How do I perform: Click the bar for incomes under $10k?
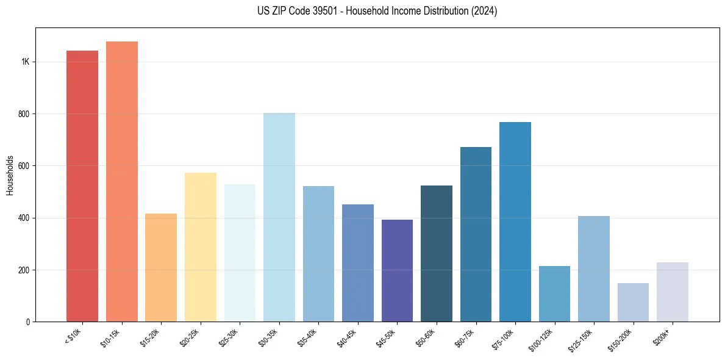click(82, 186)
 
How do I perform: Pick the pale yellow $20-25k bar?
click(201, 247)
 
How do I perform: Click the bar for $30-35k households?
click(279, 217)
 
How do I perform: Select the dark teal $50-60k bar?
click(437, 253)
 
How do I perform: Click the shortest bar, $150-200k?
click(633, 302)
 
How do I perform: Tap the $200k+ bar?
click(673, 292)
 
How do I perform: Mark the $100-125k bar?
click(554, 293)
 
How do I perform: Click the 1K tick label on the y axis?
click(26, 62)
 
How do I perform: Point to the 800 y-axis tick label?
click(24, 114)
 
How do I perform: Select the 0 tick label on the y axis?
click(28, 322)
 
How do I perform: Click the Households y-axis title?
click(10, 175)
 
